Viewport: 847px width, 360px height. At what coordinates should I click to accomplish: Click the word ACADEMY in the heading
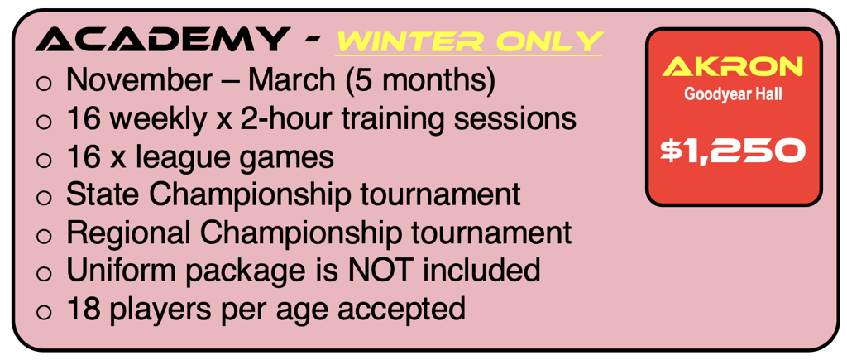(160, 40)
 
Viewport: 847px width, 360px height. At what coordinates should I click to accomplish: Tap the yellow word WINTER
(404, 41)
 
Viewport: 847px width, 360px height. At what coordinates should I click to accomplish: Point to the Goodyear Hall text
(733, 95)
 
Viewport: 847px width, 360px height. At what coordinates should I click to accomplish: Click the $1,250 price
(733, 150)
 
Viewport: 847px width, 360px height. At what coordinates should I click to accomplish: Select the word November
(139, 80)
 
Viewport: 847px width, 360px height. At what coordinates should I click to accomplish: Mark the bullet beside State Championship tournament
(44, 198)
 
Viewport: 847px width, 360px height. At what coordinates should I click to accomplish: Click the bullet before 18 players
(44, 312)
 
